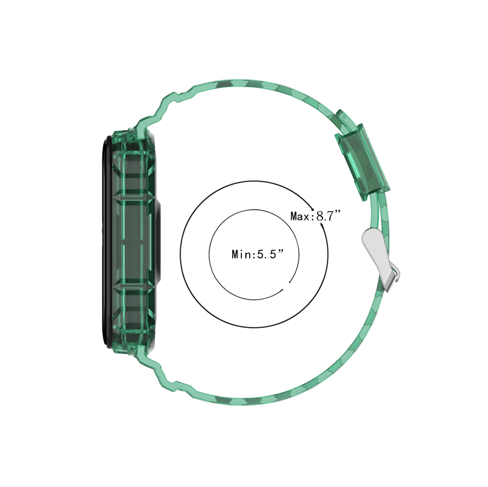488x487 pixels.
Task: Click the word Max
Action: (x=299, y=216)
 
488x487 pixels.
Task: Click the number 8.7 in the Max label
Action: (x=325, y=216)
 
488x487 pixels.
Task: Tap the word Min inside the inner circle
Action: (x=241, y=254)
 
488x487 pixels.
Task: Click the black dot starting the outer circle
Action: (x=313, y=210)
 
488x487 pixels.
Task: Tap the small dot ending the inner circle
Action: (x=290, y=282)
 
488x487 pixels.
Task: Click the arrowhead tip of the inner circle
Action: (x=282, y=289)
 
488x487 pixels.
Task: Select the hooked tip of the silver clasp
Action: (x=397, y=275)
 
